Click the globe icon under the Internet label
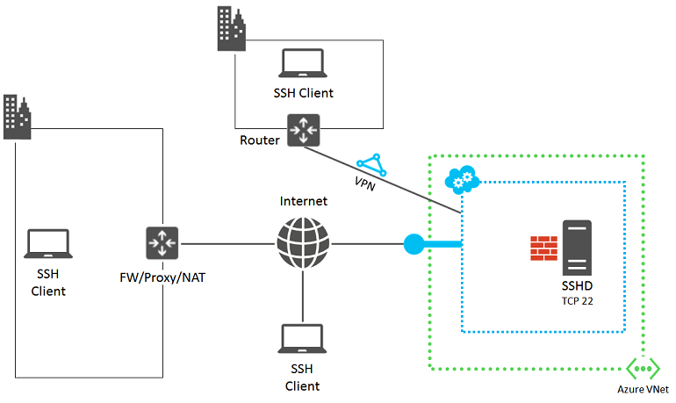pos(303,243)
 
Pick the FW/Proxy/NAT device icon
pos(162,243)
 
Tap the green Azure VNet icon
pos(643,369)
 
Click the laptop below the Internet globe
pos(303,338)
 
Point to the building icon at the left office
pos(17,116)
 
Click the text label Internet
pos(303,201)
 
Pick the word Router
pos(260,140)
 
